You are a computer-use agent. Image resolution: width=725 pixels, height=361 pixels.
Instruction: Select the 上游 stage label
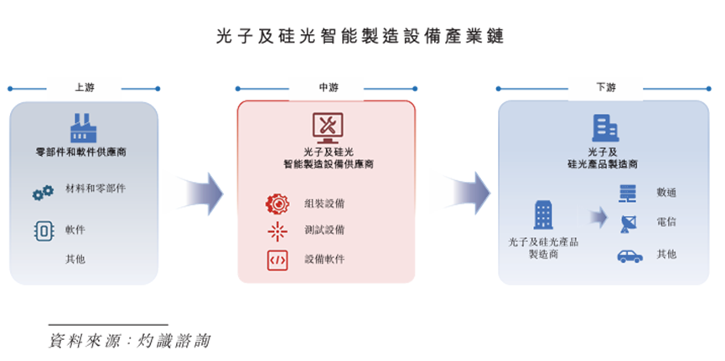(x=83, y=87)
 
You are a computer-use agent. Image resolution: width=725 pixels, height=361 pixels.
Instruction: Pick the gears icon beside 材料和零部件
(x=43, y=193)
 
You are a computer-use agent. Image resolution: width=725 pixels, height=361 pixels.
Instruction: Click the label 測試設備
(x=324, y=229)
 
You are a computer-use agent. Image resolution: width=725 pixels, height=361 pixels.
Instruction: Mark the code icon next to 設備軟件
(x=277, y=260)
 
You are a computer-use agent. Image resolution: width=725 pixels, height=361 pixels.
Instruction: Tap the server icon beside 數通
(x=626, y=193)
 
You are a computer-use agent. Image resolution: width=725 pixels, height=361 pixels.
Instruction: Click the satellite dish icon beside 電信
(x=626, y=224)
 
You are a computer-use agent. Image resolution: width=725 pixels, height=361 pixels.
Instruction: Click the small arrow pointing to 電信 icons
(x=597, y=218)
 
